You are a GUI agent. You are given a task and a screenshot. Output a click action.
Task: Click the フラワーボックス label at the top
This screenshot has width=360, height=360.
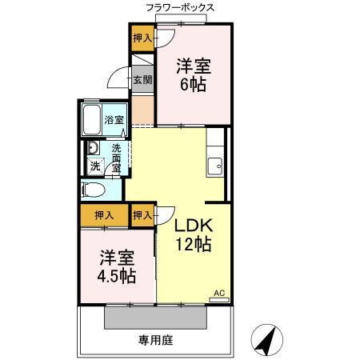point(180,7)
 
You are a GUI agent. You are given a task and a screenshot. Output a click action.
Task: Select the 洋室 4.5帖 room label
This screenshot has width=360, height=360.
point(117,267)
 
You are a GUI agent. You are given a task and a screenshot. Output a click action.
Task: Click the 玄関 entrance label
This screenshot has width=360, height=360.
point(142,79)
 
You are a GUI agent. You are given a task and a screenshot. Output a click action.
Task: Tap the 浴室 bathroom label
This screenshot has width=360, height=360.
point(114,120)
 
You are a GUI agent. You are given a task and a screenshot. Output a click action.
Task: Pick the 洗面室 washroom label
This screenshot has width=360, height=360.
point(116,158)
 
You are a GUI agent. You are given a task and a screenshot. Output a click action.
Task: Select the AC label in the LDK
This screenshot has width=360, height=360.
point(218,294)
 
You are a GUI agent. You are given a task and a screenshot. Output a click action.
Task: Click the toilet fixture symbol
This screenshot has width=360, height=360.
point(92,190)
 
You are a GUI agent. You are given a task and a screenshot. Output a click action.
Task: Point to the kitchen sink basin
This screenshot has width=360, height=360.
point(214,166)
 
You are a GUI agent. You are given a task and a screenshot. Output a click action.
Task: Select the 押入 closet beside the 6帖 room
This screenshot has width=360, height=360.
point(142,38)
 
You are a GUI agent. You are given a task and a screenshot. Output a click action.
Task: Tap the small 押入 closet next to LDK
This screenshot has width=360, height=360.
point(142,214)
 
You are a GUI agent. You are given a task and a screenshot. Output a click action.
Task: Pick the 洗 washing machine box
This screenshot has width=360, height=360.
point(94,167)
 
